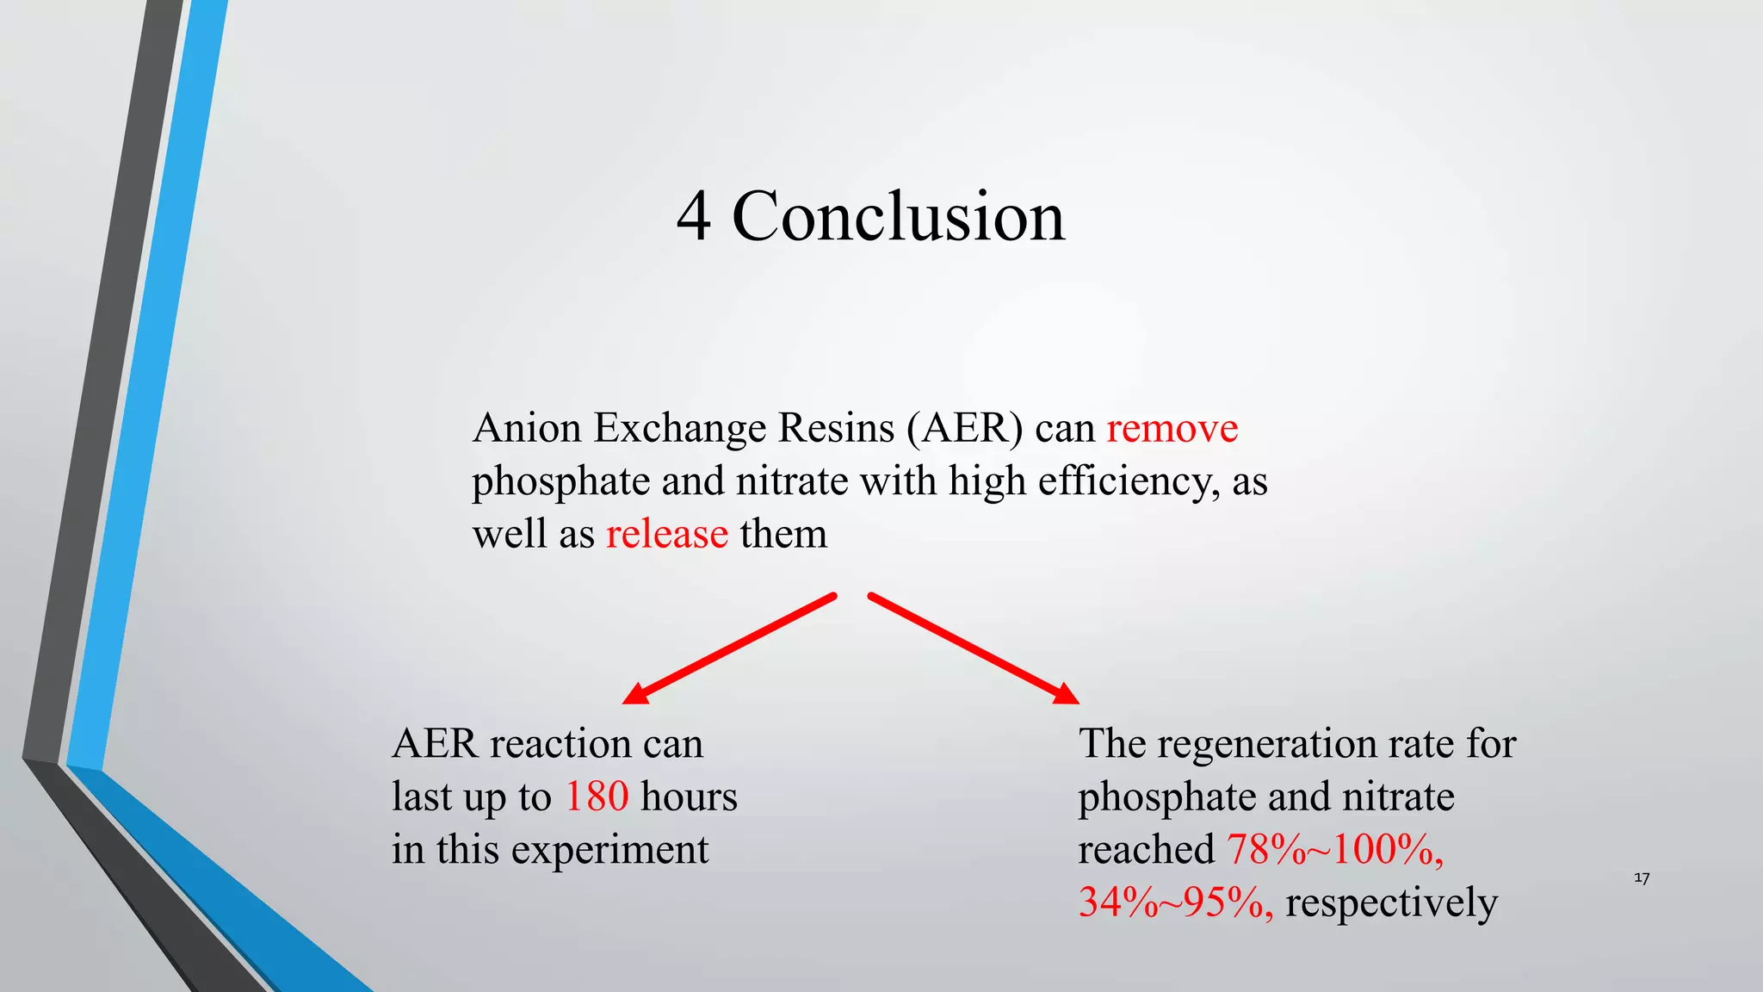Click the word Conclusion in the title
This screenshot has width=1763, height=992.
click(898, 216)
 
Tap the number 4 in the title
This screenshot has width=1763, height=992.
click(694, 216)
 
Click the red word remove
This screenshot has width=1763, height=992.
click(1172, 428)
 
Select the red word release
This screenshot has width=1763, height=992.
click(667, 534)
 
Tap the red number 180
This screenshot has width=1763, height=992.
click(597, 797)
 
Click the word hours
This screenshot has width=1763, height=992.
click(689, 797)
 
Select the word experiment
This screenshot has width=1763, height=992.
click(609, 850)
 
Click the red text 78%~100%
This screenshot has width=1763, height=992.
click(1334, 850)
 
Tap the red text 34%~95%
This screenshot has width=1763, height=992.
click(1175, 902)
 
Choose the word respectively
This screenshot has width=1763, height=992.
click(1391, 902)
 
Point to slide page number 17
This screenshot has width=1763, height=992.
click(1642, 878)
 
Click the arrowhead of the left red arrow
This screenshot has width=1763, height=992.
click(634, 694)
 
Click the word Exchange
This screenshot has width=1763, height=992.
click(680, 428)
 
